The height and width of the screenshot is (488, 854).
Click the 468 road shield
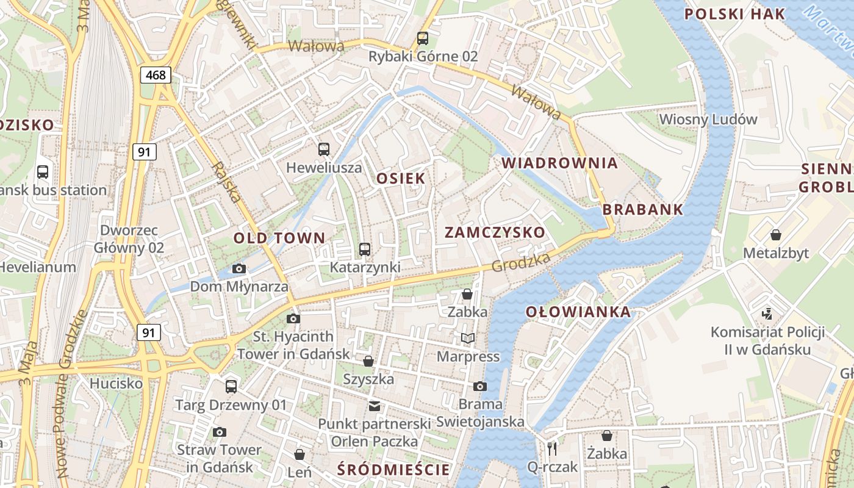coord(156,75)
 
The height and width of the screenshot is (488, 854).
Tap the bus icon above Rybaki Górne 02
coord(423,38)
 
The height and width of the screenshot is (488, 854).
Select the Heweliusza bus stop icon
coord(324,149)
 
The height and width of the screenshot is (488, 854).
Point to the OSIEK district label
coord(401,179)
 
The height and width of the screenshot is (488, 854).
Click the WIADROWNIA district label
coord(559,163)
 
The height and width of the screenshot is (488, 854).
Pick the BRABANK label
coord(643,209)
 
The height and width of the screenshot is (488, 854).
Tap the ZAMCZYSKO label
coord(494,232)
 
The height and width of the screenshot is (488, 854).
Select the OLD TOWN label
coord(280,238)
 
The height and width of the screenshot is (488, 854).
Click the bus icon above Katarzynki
coord(365,249)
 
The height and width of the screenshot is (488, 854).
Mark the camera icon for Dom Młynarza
coord(239,268)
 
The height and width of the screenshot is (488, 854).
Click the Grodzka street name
coord(520,262)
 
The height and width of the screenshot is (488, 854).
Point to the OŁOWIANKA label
coord(578,312)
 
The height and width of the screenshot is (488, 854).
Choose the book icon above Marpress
coord(468,338)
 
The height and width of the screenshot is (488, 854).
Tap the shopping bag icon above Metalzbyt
coord(775,235)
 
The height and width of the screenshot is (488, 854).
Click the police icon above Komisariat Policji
coord(767,314)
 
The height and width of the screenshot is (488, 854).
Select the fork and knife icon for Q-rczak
coord(552,449)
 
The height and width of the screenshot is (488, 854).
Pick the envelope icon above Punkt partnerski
coord(374,406)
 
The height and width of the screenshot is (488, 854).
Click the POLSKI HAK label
coord(734,14)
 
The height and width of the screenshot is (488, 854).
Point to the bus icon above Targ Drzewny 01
coord(231,386)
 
